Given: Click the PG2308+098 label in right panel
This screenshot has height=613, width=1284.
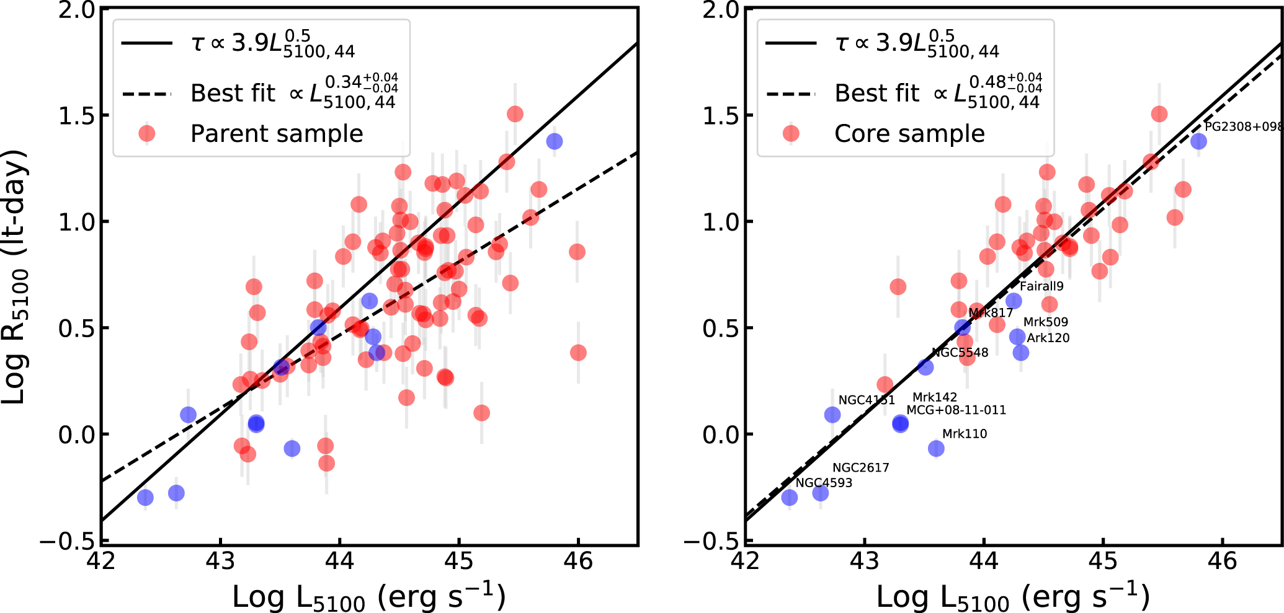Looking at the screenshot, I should (1243, 126).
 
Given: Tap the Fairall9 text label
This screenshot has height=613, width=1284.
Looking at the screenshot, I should (1041, 286).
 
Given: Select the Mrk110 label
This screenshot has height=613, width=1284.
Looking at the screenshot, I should (965, 434).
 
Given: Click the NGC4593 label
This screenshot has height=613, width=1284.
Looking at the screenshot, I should (824, 483).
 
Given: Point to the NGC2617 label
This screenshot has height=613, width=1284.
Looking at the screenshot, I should (860, 468).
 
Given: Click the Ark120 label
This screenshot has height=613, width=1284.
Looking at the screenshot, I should (1048, 338).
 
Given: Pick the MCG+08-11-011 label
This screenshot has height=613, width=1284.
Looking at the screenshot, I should (956, 410).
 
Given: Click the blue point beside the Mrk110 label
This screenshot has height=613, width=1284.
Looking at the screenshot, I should (936, 448).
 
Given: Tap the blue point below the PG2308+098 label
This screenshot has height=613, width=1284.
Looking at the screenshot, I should (1198, 141).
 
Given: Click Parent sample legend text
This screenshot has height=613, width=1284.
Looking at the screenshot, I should (277, 134).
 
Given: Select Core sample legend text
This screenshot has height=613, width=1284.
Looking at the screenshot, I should (909, 134).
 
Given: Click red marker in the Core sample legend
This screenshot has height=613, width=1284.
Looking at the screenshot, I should (791, 134).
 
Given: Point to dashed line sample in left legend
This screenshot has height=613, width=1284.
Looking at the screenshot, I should (146, 94).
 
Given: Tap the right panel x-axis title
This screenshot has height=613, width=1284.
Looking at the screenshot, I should (1013, 597).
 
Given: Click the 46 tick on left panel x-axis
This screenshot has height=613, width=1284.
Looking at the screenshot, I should (577, 562).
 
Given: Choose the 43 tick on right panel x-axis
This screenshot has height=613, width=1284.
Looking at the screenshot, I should (864, 562).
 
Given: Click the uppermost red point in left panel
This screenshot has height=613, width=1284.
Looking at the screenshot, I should (515, 114).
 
